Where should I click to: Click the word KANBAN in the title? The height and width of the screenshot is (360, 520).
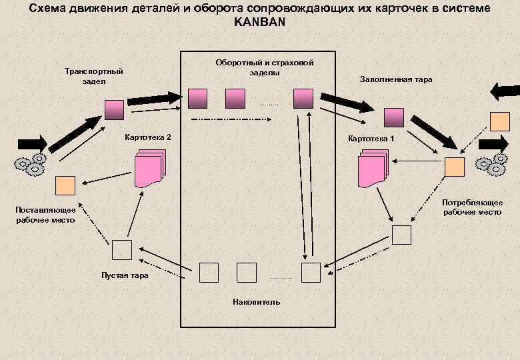(x=259, y=21)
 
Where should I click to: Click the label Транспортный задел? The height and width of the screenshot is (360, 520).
(x=94, y=76)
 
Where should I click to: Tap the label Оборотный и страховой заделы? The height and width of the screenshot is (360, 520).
(x=265, y=67)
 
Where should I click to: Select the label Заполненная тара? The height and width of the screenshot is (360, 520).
(x=396, y=79)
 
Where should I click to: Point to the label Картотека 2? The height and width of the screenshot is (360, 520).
(x=148, y=137)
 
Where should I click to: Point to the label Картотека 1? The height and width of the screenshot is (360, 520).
(x=371, y=139)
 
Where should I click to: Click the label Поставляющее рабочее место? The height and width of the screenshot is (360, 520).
(x=46, y=215)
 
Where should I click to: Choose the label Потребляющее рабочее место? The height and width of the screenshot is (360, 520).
(x=472, y=207)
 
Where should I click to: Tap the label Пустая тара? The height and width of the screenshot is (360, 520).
(x=125, y=275)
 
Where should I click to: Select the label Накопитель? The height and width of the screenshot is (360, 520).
(x=257, y=302)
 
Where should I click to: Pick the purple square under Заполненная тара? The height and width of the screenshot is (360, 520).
(x=393, y=117)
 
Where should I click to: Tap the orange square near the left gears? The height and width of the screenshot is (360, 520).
(x=65, y=185)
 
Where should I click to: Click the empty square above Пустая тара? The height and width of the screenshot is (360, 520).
(x=122, y=249)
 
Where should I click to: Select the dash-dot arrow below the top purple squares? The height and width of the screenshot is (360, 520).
(x=231, y=120)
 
